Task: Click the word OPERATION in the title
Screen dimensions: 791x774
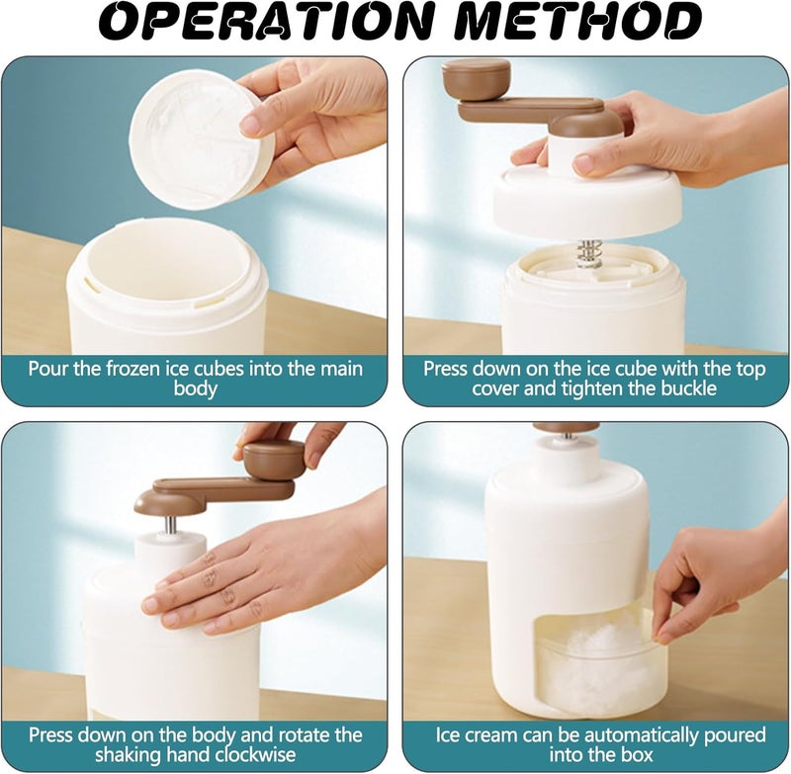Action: [266, 23]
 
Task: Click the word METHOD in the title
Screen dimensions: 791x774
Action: [580, 23]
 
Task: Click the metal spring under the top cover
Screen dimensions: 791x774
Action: [589, 255]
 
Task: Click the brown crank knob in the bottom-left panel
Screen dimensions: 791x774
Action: [274, 460]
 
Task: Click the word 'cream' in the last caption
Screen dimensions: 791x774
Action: [491, 735]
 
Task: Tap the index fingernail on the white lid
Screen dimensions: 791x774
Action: [250, 126]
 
